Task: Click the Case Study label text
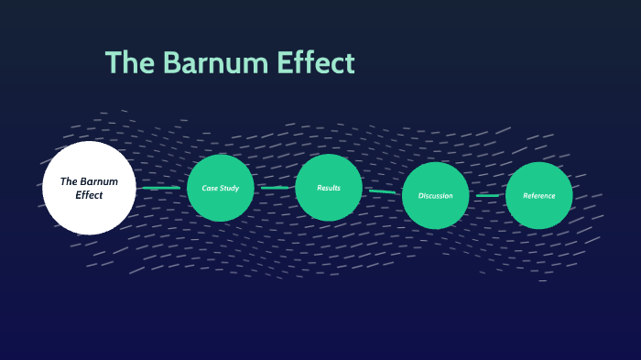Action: tap(221, 189)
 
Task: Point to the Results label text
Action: tap(329, 188)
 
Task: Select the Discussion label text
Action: tap(436, 196)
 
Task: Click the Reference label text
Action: tap(538, 196)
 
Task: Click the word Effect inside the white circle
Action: tap(89, 195)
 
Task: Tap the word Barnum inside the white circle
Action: tap(99, 181)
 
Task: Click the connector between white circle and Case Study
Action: tap(161, 188)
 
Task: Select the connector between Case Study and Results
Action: tap(275, 188)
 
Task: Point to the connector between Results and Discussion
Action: tap(383, 191)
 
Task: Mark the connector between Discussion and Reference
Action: tap(487, 195)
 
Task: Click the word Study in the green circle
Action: tap(229, 189)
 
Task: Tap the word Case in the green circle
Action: tap(210, 189)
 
